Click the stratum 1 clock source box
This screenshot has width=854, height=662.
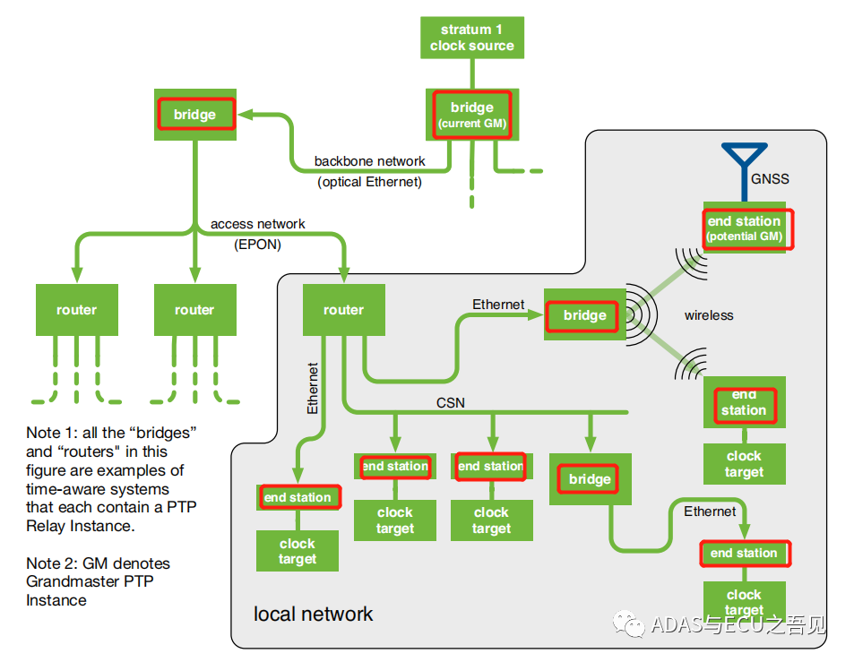[x=471, y=38]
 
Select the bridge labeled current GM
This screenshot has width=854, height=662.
[x=471, y=115]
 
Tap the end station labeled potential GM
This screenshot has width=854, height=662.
[x=744, y=228]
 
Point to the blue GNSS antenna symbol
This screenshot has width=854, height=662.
[x=744, y=166]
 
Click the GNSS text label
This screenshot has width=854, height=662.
[x=770, y=178]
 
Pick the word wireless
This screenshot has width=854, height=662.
[x=709, y=315]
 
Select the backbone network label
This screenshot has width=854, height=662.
[x=369, y=161]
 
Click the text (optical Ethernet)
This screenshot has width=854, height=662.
[x=369, y=182]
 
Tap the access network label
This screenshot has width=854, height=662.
[x=257, y=224]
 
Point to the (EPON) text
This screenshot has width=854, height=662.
[x=257, y=244]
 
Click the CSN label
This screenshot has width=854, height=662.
[x=451, y=403]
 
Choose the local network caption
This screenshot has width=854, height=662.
[x=313, y=615]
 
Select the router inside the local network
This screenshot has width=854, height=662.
[x=343, y=310]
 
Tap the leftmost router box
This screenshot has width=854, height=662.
[x=76, y=310]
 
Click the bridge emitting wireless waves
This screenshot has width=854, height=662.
[x=584, y=315]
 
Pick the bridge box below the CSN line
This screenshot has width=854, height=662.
[x=590, y=479]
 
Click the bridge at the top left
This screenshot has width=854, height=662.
[x=194, y=114]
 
